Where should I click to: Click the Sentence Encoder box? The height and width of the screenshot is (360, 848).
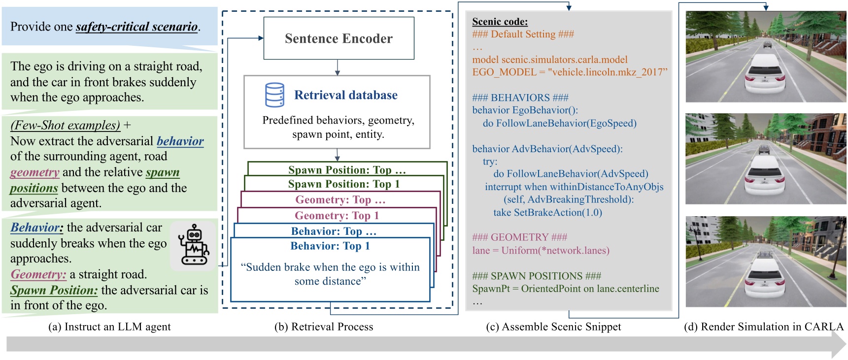pyautogui.click(x=339, y=38)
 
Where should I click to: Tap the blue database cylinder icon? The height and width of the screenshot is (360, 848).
pyautogui.click(x=274, y=95)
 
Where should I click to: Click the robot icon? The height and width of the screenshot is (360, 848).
pyautogui.click(x=194, y=245)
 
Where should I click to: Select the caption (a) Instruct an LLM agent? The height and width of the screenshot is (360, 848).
pyautogui.click(x=109, y=327)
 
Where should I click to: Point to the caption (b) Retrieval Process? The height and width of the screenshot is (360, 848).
pyautogui.click(x=324, y=327)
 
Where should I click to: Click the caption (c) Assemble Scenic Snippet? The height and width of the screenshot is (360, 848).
pyautogui.click(x=553, y=327)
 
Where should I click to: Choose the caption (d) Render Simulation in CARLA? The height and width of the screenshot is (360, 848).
pyautogui.click(x=764, y=327)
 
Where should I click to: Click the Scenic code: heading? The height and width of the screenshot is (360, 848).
pyautogui.click(x=500, y=22)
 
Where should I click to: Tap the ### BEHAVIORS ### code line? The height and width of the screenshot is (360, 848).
pyautogui.click(x=520, y=98)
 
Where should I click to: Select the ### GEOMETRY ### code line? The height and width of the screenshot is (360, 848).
pyautogui.click(x=519, y=237)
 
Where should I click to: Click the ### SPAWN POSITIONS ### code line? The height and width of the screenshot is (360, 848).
pyautogui.click(x=537, y=276)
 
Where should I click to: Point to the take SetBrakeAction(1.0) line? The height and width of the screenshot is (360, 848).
pyautogui.click(x=547, y=213)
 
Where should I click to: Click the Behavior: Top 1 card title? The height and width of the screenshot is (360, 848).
pyautogui.click(x=330, y=246)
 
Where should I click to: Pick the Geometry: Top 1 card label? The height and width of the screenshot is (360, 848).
pyautogui.click(x=337, y=216)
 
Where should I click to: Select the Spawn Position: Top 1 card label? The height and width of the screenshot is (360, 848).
pyautogui.click(x=343, y=184)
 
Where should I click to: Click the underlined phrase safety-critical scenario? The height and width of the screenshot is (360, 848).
pyautogui.click(x=136, y=27)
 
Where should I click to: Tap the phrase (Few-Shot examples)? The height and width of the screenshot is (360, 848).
pyautogui.click(x=65, y=125)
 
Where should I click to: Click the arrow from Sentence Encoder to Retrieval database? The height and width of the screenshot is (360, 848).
pyautogui.click(x=338, y=67)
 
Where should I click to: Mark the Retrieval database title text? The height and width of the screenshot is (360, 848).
pyautogui.click(x=345, y=95)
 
